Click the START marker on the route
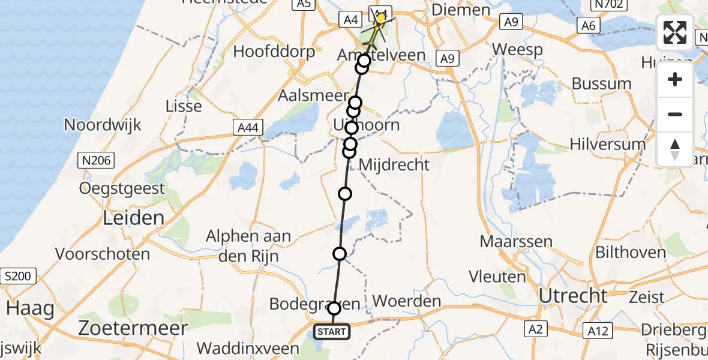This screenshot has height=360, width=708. [x=331, y=332]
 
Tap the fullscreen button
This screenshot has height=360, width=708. [x=675, y=32]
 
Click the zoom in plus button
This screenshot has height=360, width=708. [x=675, y=80]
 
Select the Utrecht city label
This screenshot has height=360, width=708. [x=573, y=296]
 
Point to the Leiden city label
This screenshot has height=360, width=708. [x=134, y=217]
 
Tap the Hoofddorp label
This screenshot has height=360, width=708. [x=274, y=51]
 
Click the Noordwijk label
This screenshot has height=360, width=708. [x=103, y=125]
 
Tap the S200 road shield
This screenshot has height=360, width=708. [x=19, y=277]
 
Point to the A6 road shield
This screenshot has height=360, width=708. [x=588, y=25]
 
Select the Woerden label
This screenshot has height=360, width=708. [x=407, y=301]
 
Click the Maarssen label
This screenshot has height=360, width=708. [x=508, y=242]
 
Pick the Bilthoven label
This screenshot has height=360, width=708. [x=630, y=252]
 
